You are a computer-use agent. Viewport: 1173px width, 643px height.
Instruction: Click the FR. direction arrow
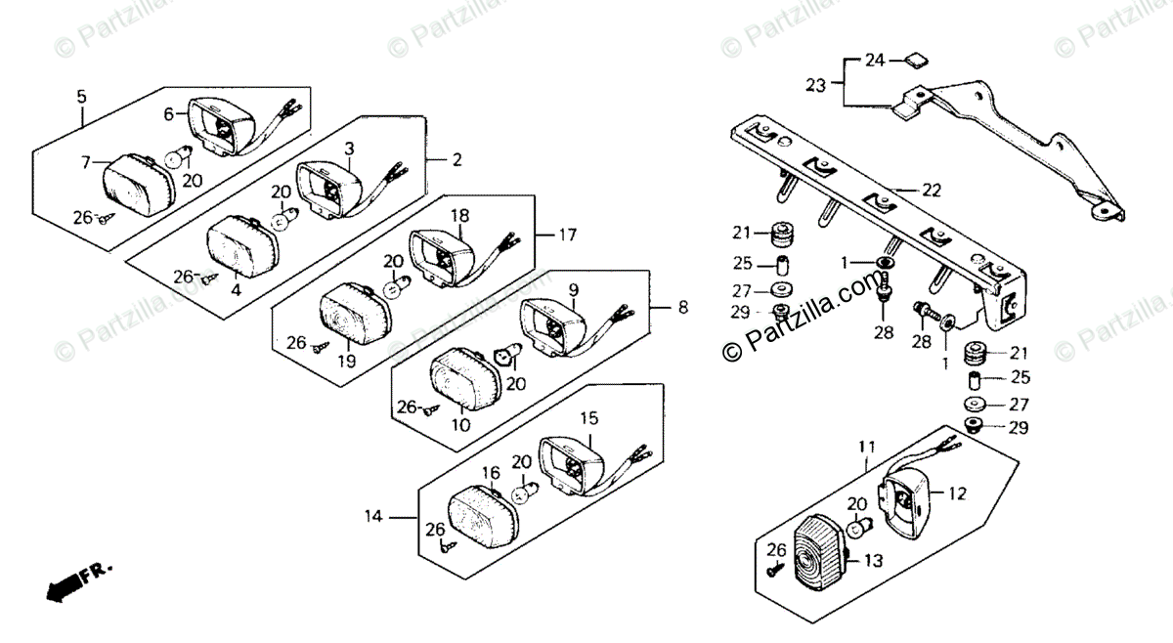[68, 582]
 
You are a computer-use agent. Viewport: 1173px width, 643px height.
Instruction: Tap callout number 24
[875, 61]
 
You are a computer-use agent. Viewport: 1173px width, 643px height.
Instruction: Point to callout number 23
[816, 85]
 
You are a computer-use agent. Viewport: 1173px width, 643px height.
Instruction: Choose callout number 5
[82, 96]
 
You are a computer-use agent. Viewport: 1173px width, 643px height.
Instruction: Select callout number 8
[681, 307]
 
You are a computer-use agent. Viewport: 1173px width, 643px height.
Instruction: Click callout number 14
[373, 515]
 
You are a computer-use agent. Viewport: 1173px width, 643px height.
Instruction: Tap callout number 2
[456, 158]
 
